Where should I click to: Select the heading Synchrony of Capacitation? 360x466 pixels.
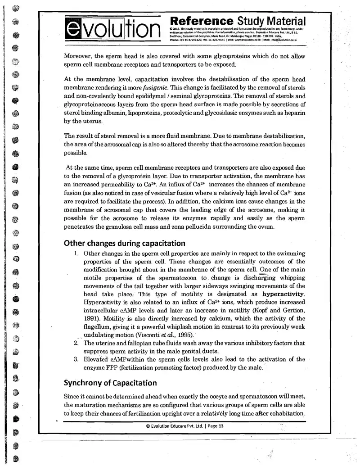point(111,384)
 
